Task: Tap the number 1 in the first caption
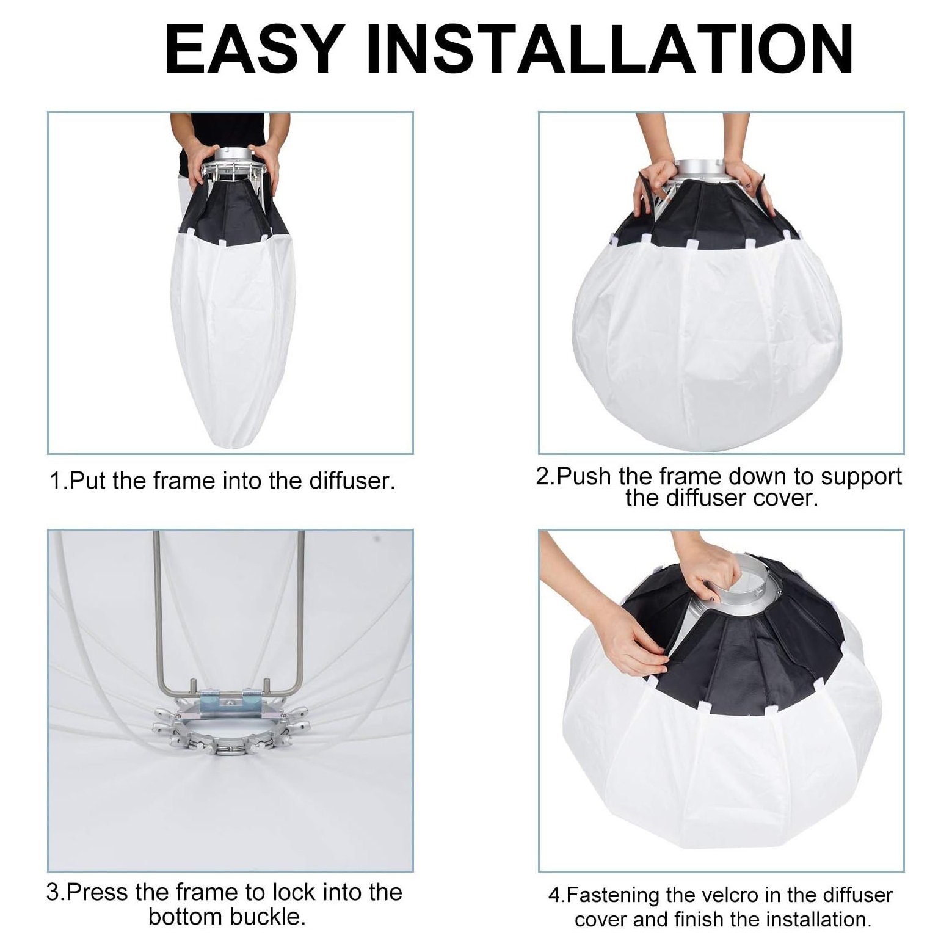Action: [56, 481]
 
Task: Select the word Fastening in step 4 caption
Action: [614, 895]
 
